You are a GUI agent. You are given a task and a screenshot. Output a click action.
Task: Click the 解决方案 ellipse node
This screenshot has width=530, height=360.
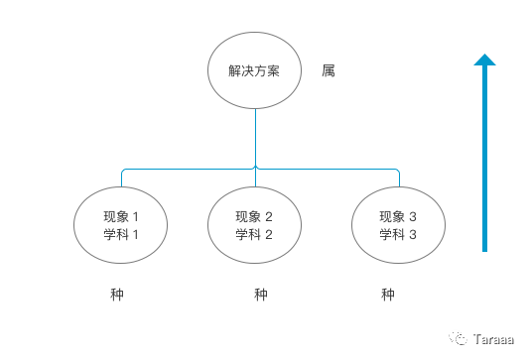click(255, 71)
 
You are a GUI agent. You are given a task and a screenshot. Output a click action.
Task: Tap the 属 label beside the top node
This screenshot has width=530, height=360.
click(329, 71)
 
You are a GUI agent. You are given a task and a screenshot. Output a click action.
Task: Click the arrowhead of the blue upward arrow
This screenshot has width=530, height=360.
click(484, 60)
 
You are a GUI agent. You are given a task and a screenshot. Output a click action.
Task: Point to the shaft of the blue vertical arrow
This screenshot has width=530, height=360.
click(484, 159)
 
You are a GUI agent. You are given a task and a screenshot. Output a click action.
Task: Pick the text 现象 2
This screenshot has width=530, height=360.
click(254, 216)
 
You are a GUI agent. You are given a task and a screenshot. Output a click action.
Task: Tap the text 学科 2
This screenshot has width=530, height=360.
click(254, 234)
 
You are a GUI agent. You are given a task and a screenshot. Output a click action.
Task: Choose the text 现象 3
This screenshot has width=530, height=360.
click(398, 216)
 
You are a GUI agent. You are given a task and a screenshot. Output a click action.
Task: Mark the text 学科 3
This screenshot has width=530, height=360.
click(398, 234)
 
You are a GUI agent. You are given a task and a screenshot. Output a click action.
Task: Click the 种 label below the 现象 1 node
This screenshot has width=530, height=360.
click(117, 295)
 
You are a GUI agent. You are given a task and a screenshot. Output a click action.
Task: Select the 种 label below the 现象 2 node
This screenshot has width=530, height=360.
click(261, 295)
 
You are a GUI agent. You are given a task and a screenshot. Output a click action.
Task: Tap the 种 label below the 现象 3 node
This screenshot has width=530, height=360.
click(388, 295)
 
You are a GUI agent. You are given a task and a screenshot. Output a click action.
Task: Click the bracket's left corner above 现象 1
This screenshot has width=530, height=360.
click(123, 171)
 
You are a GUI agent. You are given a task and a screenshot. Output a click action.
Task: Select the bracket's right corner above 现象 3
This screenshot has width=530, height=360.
click(398, 171)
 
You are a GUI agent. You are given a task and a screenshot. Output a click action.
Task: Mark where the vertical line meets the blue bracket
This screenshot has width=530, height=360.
click(255, 168)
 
